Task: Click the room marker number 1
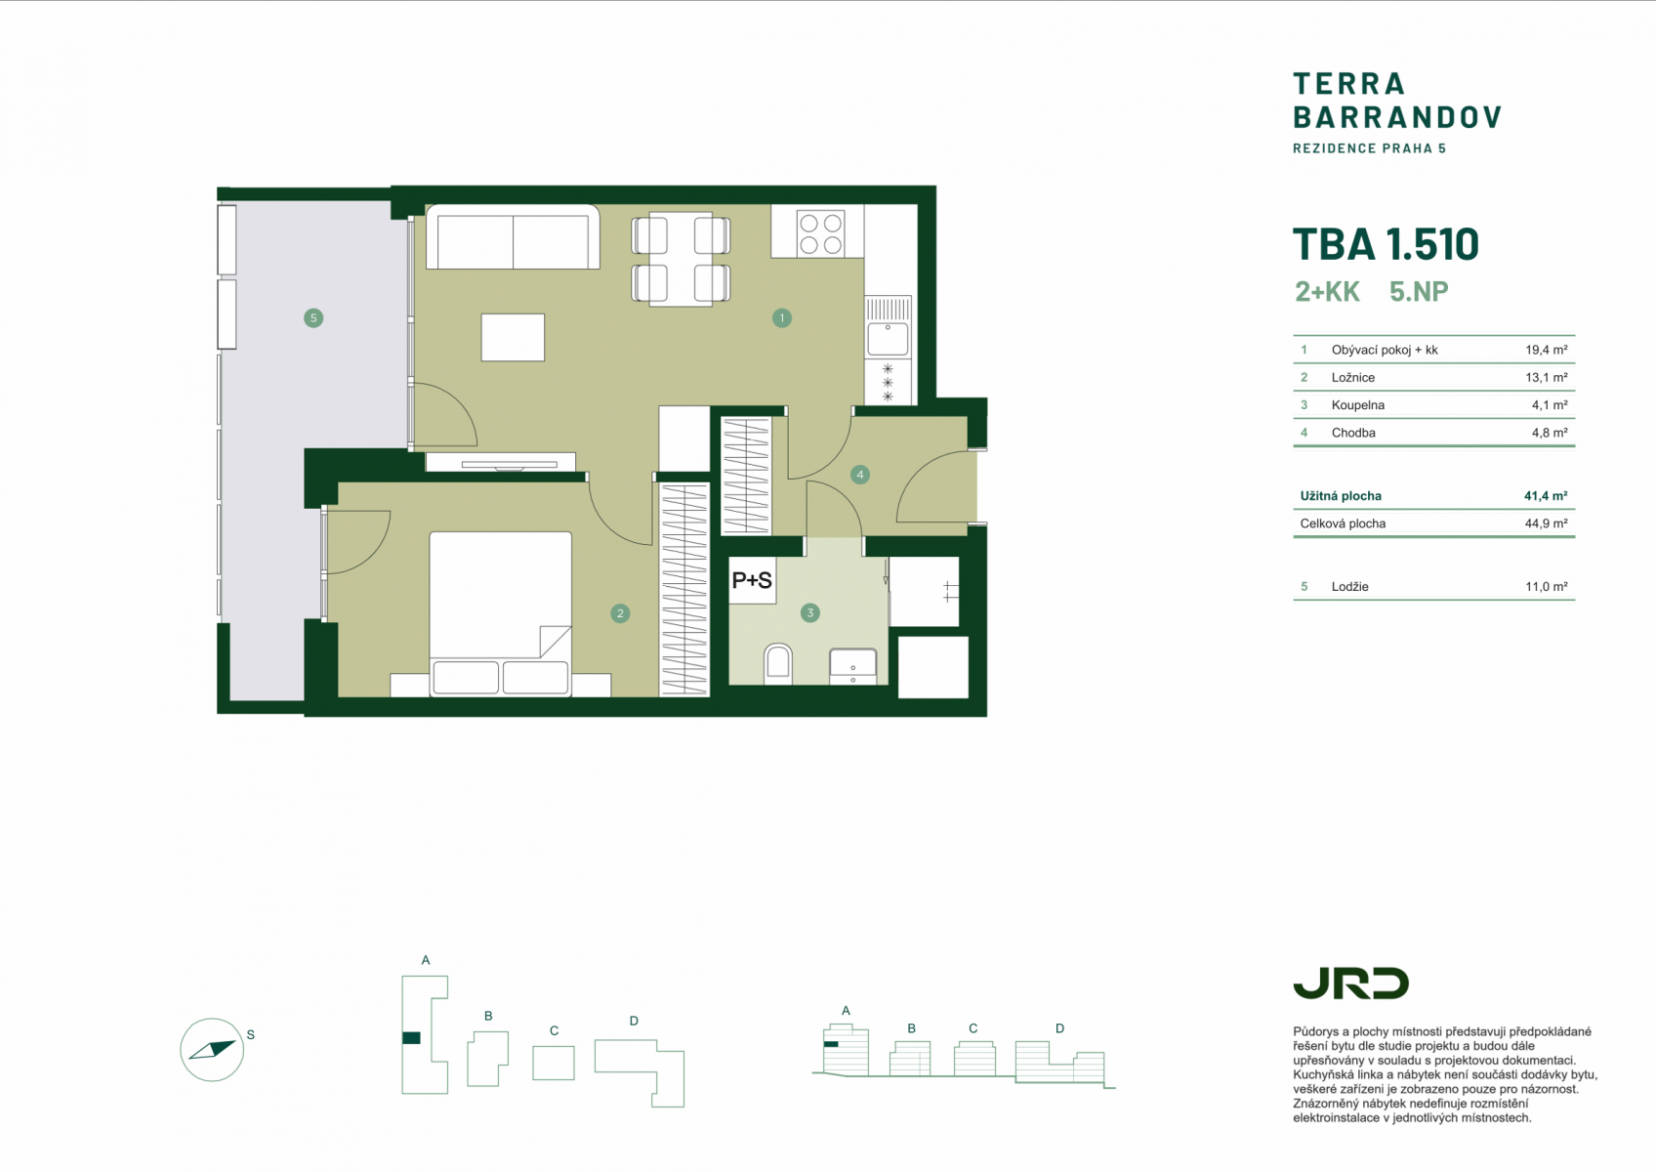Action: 781,318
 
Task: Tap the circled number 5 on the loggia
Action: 313,318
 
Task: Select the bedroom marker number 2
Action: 620,613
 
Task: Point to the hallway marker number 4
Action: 860,475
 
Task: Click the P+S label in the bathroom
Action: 752,580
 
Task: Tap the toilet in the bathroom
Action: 778,662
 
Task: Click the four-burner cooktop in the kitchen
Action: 820,232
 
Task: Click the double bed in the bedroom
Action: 501,613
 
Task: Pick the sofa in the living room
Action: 513,236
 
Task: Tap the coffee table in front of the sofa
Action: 513,337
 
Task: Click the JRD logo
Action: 1350,984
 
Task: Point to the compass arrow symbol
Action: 213,1050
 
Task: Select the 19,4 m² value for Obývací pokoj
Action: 1547,350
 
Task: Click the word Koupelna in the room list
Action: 1358,405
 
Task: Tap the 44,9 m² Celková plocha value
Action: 1547,523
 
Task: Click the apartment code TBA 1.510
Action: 1386,244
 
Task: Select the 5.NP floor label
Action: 1419,291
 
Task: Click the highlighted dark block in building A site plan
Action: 412,1038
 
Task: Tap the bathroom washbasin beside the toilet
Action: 853,665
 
